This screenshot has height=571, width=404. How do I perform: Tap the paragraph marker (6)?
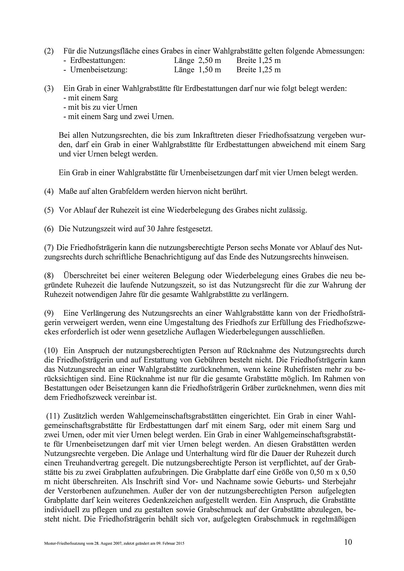click(x=49, y=229)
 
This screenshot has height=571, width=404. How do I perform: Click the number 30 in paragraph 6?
click(x=150, y=229)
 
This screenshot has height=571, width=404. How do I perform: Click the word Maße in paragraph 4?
click(x=67, y=192)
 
